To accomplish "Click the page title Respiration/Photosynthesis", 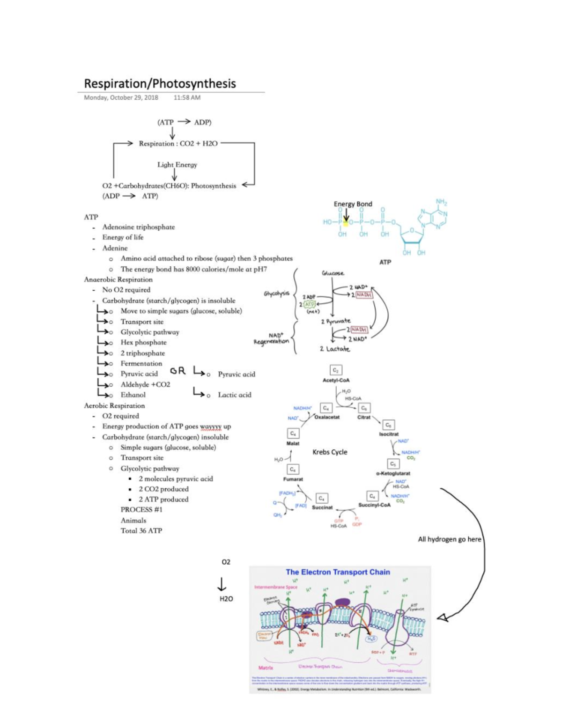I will coord(160,84).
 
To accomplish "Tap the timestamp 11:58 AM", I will coord(187,98).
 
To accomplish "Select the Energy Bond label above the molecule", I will coord(353,204).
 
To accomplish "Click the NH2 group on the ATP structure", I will coord(441,202).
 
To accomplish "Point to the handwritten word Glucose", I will coord(333,273).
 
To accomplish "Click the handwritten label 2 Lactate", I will coord(335,349).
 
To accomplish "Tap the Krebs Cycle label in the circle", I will coord(330,452).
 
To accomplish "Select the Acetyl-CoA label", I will coord(336,380).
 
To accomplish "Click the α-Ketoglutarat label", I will coord(393,473).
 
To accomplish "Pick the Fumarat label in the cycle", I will coord(293,479).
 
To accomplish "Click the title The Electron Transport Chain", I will coord(338,572).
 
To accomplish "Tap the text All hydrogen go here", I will coord(449,539).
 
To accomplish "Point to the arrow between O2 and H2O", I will coord(222,583).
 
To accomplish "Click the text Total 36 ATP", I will coord(141,531).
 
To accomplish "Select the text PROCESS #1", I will coord(141,510).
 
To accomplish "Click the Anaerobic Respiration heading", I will coord(118,279).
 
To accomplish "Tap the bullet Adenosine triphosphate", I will coord(138,227).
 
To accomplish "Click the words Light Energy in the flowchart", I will coord(177,165).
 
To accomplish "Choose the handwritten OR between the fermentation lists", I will coord(178,371).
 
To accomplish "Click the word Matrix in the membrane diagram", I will coord(266,668).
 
